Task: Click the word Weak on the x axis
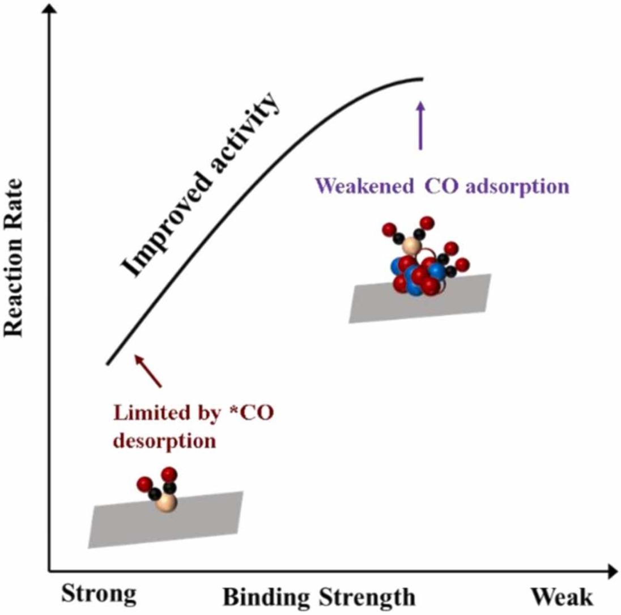(562, 596)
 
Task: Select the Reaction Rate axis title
(14, 257)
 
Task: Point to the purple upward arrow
(420, 125)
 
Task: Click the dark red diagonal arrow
(148, 371)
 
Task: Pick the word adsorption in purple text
(518, 187)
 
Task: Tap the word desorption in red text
(165, 441)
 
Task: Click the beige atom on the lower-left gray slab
(166, 503)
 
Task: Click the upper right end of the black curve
(423, 79)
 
